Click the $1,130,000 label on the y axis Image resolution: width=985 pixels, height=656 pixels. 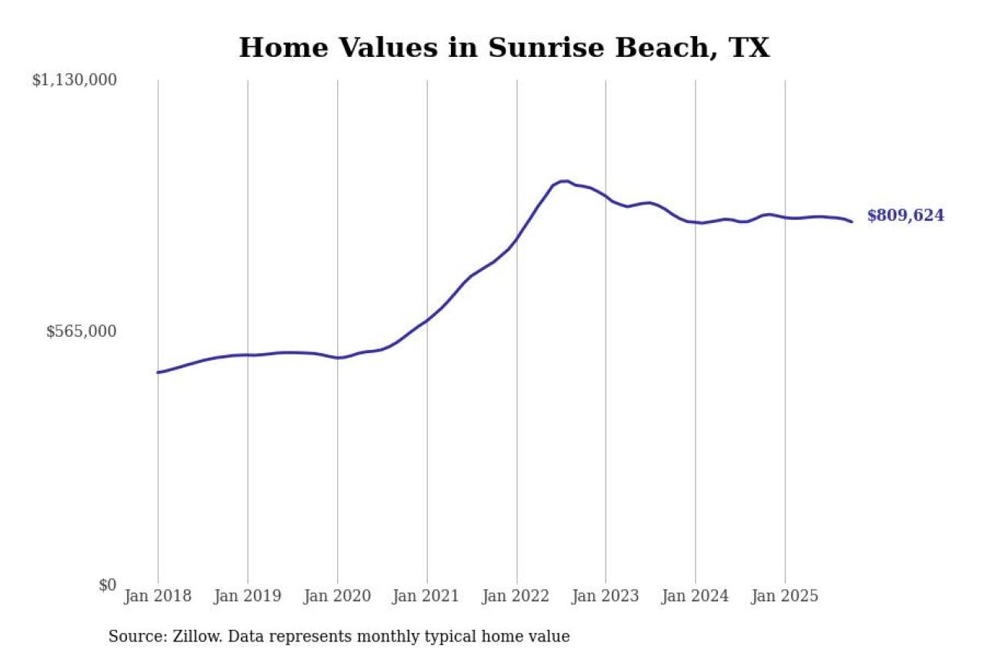74,80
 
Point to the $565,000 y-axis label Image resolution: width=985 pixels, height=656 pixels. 81,331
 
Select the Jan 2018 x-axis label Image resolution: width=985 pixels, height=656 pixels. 158,596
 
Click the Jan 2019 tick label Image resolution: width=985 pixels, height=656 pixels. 247,596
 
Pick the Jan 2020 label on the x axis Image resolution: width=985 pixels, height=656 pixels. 337,596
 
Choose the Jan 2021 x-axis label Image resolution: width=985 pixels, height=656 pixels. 426,596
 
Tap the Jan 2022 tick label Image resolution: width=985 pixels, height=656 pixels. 516,596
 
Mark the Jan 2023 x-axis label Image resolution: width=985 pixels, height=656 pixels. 606,596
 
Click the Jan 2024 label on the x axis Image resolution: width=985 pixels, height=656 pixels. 695,596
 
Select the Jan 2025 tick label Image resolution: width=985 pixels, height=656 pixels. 785,596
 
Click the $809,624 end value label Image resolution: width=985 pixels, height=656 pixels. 905,216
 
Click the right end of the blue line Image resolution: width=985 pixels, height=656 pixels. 851,221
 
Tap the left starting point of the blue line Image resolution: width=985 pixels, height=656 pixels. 159,372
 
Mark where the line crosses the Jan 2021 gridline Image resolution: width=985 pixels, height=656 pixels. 426,319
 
